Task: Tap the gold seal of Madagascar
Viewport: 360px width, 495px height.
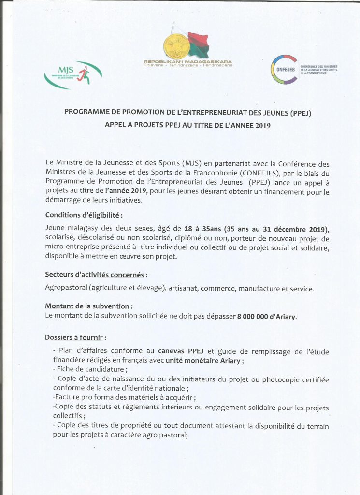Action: click(x=174, y=45)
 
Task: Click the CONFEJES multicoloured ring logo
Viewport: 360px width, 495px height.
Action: click(x=283, y=69)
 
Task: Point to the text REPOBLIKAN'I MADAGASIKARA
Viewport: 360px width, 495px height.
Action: click(x=188, y=61)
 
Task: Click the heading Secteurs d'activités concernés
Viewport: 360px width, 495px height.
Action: click(x=96, y=275)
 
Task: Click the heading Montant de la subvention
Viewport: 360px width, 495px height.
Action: click(x=89, y=306)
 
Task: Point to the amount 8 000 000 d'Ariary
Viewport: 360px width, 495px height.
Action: click(x=267, y=317)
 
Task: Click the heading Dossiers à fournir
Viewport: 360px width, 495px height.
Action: click(x=76, y=337)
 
